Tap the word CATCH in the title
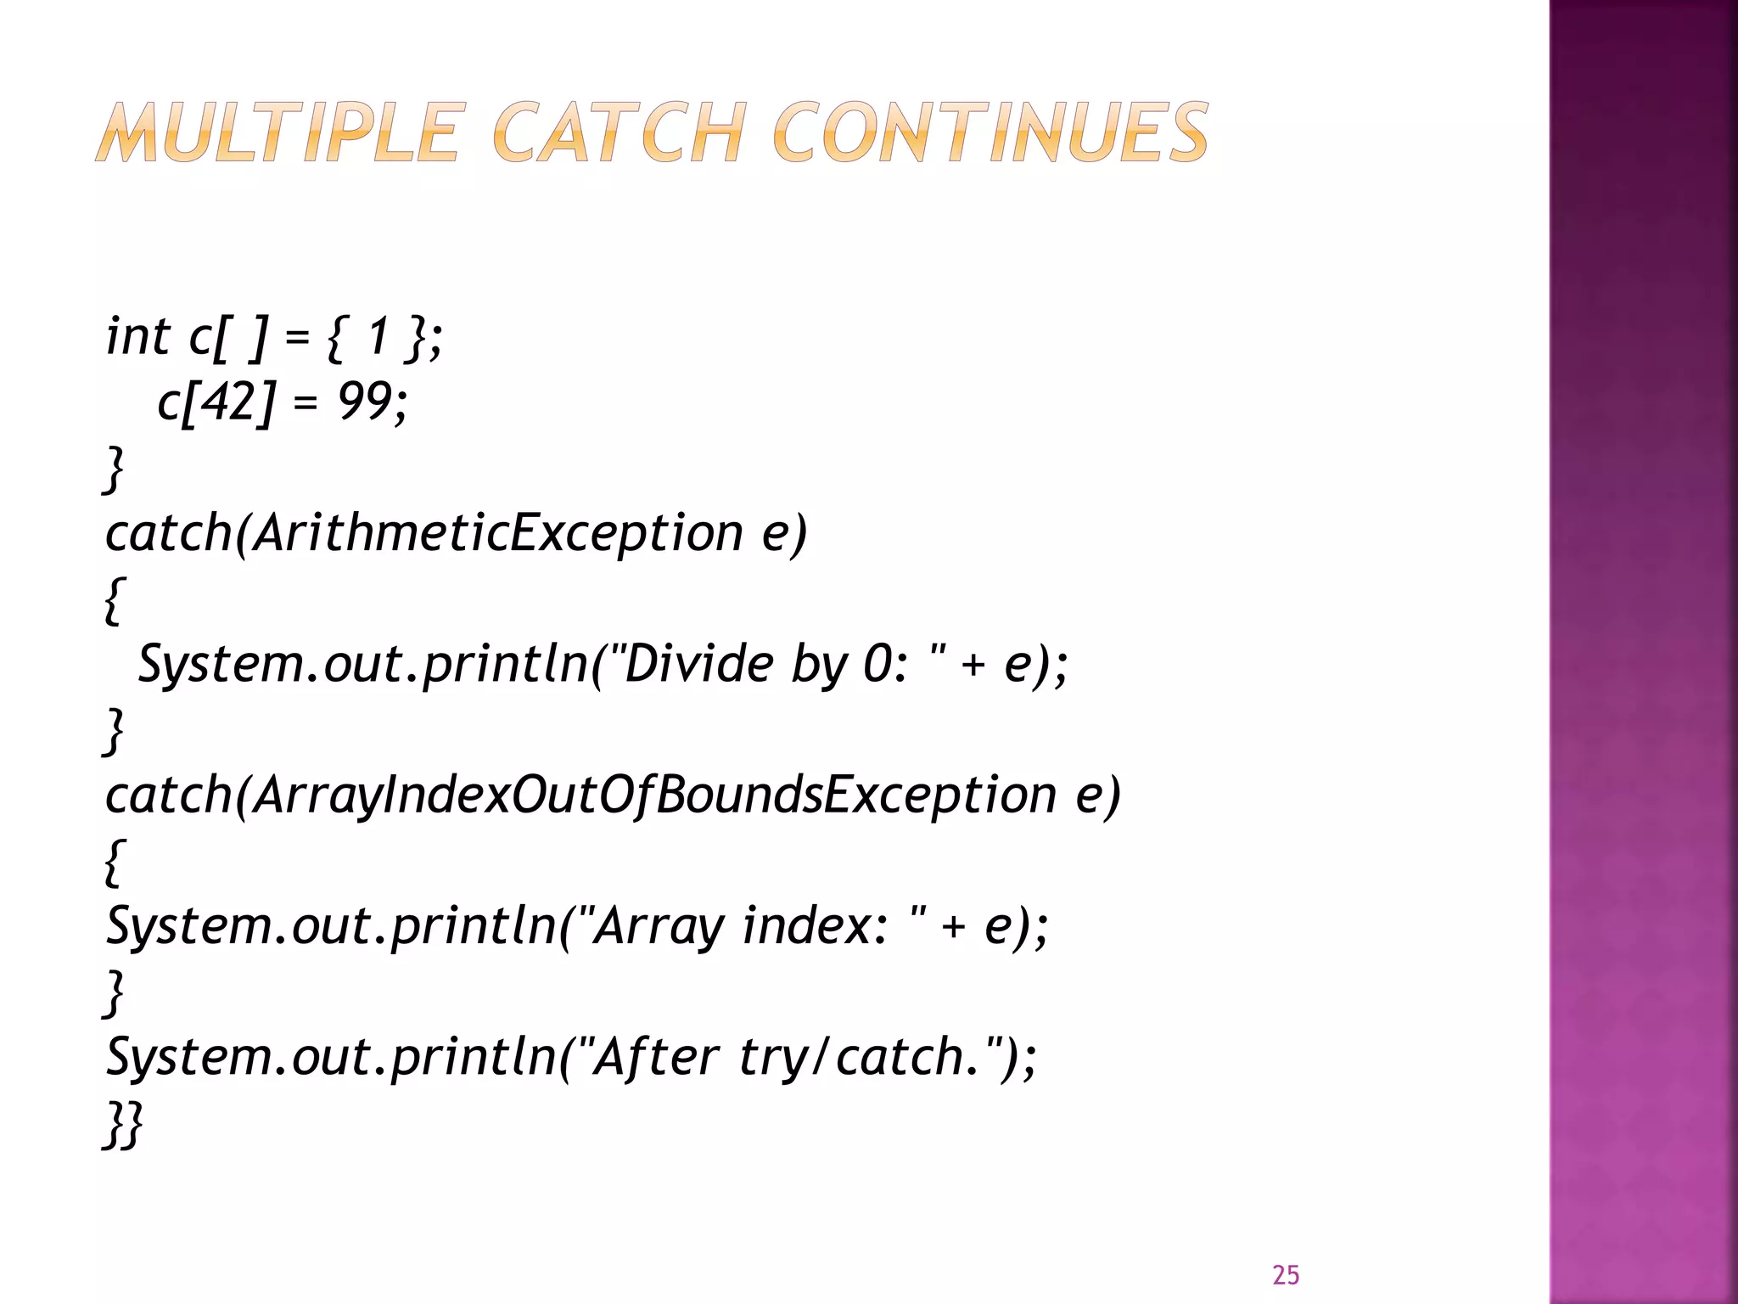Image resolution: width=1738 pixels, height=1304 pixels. click(x=619, y=132)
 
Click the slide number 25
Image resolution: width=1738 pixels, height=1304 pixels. click(x=1286, y=1275)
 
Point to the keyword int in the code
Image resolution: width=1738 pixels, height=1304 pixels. click(x=137, y=336)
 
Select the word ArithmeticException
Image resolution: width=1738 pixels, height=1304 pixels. click(x=498, y=533)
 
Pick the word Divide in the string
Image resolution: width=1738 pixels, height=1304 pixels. click(x=698, y=664)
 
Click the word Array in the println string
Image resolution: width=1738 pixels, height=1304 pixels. click(x=659, y=926)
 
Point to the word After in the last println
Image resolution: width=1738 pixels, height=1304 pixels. click(x=655, y=1057)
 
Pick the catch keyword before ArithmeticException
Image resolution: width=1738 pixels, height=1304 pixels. click(x=168, y=533)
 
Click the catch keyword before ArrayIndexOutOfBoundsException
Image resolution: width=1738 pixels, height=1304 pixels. click(x=168, y=795)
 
